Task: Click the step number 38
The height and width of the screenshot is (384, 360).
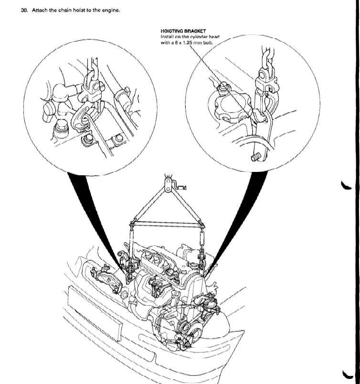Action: point(24,11)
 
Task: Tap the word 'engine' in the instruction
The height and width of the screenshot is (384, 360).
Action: point(111,11)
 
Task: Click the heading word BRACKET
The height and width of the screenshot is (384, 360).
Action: point(195,31)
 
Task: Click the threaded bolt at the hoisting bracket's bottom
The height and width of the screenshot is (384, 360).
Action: point(255,157)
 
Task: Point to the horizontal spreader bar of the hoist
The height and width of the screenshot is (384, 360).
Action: point(167,223)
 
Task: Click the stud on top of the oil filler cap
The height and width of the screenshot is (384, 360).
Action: point(223,86)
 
